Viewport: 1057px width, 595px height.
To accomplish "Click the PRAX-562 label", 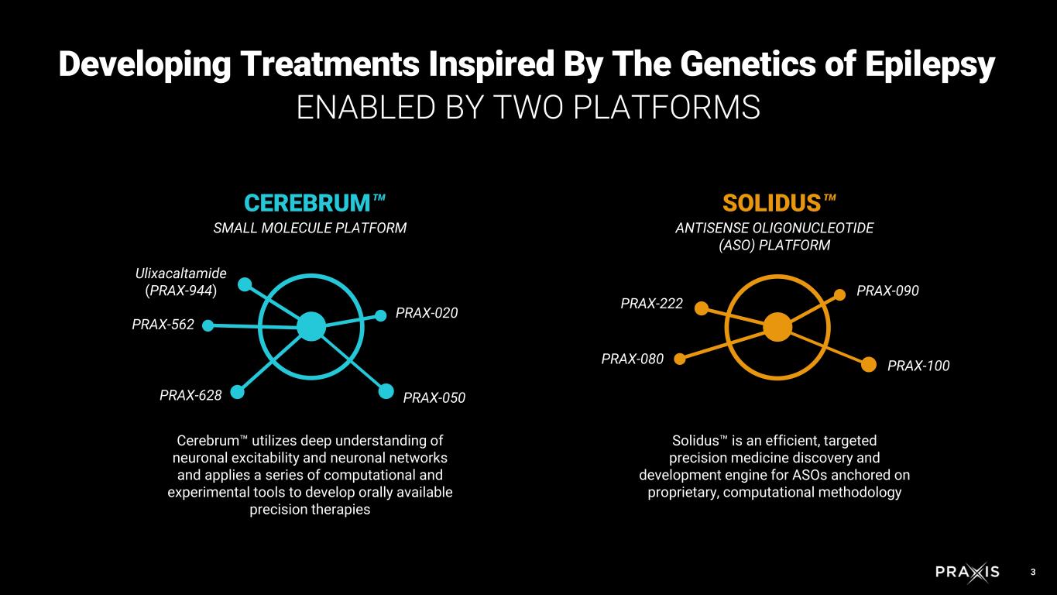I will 163,325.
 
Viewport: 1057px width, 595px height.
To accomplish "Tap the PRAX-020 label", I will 427,313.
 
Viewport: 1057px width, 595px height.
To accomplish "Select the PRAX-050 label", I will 434,397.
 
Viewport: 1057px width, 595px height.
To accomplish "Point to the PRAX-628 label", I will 190,395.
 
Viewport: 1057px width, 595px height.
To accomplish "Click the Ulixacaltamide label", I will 180,273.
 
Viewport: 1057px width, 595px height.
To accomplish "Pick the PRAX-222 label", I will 652,304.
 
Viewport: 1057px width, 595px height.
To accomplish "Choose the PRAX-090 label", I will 887,291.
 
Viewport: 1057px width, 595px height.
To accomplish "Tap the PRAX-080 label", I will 633,359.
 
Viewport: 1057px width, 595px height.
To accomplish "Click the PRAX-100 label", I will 918,366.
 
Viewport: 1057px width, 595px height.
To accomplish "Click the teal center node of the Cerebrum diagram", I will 311,326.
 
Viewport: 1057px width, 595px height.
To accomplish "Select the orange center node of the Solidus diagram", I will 777,327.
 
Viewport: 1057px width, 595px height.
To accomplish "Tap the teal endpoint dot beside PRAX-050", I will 386,391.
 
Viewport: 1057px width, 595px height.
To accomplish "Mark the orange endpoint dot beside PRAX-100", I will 869,364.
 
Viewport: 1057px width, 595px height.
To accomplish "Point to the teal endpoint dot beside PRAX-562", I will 208,325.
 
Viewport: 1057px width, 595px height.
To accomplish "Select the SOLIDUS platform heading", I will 772,203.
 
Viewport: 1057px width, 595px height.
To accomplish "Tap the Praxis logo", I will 967,573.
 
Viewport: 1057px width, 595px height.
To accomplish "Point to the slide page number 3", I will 1033,573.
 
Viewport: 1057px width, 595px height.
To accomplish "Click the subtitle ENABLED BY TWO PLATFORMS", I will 528,108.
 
